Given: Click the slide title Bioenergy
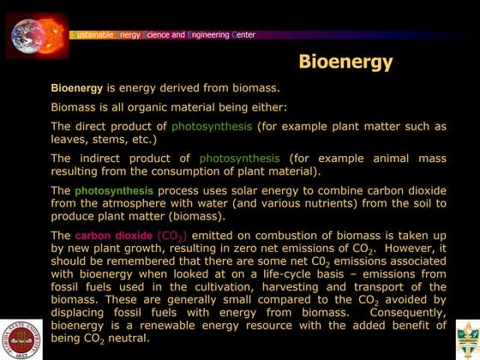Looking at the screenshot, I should (x=345, y=62).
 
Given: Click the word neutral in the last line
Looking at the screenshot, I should (x=125, y=339).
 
